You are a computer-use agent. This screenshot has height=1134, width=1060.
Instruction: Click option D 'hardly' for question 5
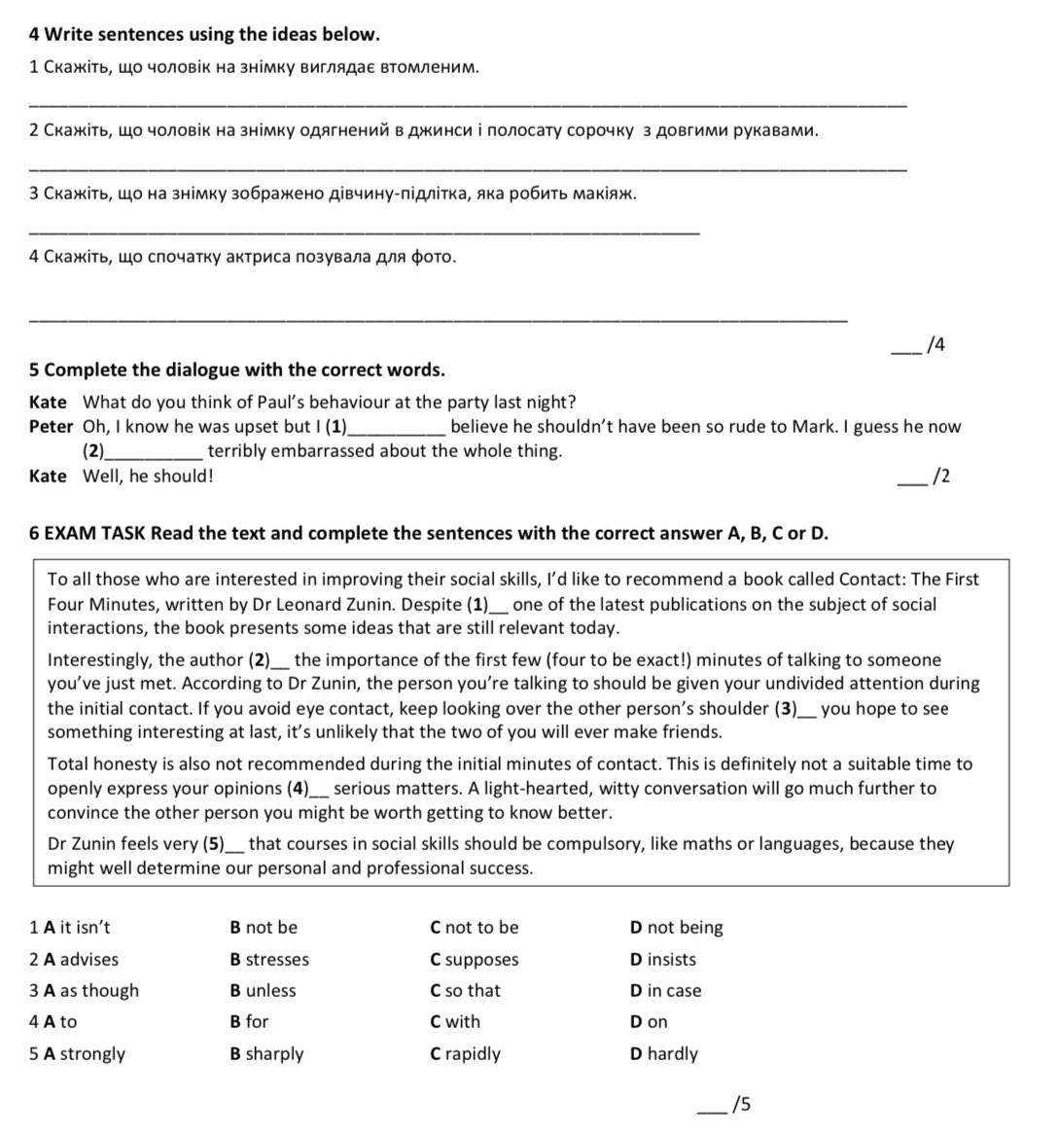[664, 1054]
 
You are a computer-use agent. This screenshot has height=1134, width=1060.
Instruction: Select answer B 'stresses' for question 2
[269, 960]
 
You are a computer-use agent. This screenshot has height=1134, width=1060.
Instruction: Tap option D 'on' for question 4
[649, 1022]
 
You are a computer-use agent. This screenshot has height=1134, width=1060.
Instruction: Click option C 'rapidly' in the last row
[465, 1054]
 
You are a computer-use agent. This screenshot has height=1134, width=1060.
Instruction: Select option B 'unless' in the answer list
[263, 991]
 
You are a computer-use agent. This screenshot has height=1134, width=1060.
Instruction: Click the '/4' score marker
[936, 344]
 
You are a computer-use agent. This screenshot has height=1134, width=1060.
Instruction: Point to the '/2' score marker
[939, 477]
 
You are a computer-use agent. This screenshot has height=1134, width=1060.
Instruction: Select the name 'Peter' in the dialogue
[51, 427]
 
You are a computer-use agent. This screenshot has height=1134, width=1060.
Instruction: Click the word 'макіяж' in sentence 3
[608, 194]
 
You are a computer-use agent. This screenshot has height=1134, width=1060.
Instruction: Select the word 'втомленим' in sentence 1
[429, 68]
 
